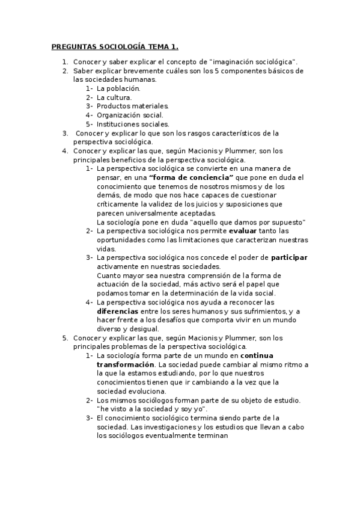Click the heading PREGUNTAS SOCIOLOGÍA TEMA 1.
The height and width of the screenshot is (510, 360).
tap(115, 46)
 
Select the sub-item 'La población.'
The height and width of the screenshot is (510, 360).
tap(118, 88)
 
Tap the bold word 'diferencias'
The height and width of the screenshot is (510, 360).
tap(117, 312)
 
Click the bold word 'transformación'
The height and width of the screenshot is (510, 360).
tap(125, 365)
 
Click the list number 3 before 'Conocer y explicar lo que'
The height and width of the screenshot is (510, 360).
tap(65, 133)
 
